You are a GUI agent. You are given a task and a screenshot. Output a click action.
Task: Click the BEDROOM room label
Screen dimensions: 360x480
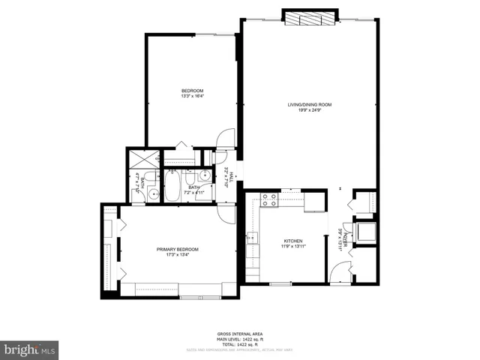pyautogui.click(x=192, y=91)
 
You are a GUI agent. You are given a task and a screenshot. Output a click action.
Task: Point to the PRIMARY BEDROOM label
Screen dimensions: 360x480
pyautogui.click(x=178, y=249)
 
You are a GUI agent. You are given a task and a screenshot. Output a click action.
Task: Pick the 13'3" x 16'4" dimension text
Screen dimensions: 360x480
pyautogui.click(x=192, y=96)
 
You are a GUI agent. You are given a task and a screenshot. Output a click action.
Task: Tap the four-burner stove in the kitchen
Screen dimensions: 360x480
pyautogui.click(x=270, y=199)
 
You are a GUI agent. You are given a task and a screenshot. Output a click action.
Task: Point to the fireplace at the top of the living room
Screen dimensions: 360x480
pyautogui.click(x=310, y=20)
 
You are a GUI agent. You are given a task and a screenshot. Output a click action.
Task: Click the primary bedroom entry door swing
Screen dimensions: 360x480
pyautogui.click(x=227, y=214)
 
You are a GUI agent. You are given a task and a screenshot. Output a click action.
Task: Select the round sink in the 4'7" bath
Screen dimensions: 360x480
pyautogui.click(x=152, y=193)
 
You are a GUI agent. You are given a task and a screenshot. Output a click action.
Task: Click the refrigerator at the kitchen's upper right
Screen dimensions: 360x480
pyautogui.click(x=315, y=201)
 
